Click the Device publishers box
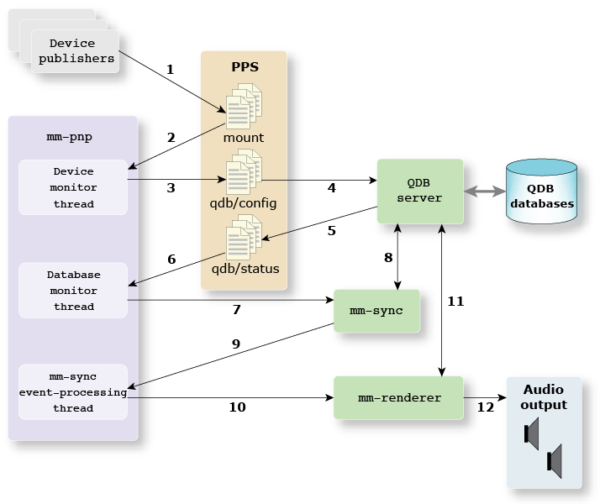75,51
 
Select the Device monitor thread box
73,187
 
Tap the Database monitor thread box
73,291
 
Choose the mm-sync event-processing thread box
73,391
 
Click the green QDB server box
420,191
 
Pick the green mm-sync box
376,311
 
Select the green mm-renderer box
398,397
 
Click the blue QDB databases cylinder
542,192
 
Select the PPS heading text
245,66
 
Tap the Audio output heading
544,397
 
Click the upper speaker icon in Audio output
531,434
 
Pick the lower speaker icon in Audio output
553,461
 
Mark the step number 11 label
455,301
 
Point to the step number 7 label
237,310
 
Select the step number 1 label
171,69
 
